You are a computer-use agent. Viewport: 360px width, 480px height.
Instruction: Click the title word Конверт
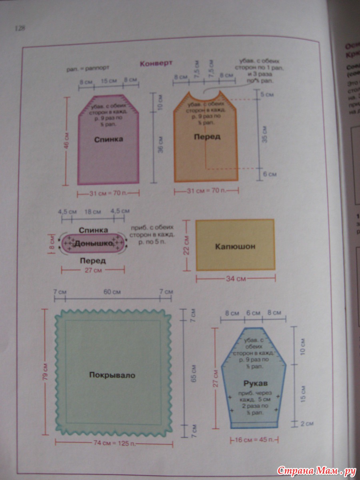click(156, 63)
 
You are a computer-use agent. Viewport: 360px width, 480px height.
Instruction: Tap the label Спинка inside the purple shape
click(108, 140)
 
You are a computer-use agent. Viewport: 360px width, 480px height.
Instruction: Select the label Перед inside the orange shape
click(207, 137)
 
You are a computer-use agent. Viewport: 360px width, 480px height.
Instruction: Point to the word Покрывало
click(112, 375)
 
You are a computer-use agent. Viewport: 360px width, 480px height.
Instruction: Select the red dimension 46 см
click(66, 141)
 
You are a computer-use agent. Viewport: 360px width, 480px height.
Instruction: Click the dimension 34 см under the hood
click(236, 279)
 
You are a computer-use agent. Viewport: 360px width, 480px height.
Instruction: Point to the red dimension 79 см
click(45, 372)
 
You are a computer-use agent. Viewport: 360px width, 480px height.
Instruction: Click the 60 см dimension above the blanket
click(112, 292)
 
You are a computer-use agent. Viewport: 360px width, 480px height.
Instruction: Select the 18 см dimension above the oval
click(92, 211)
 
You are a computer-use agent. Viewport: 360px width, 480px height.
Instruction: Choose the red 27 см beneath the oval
click(92, 270)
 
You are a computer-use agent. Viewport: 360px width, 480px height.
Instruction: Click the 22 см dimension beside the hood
click(186, 245)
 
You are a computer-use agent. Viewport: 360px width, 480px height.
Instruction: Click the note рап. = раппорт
click(88, 68)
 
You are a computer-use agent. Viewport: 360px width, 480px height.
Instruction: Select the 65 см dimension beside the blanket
click(193, 373)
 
